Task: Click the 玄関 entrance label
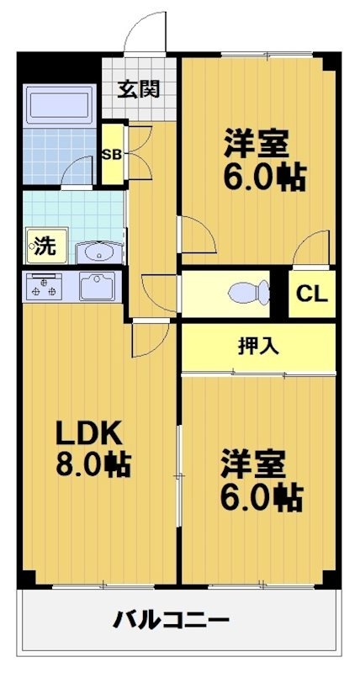tap(139, 88)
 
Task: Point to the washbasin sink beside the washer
tap(99, 252)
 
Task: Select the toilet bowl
tap(249, 292)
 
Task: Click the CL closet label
tap(313, 294)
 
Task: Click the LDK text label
tap(90, 434)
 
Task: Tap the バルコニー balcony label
tap(172, 622)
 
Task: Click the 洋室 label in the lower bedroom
tap(255, 464)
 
